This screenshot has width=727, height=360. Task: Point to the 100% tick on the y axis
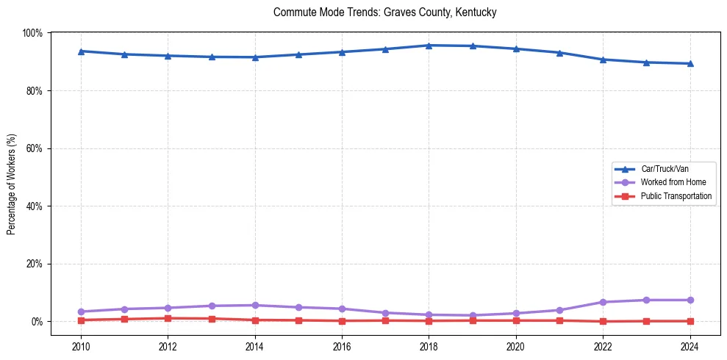32,33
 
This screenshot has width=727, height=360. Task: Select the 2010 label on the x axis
81,347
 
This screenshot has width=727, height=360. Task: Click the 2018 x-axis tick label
429,347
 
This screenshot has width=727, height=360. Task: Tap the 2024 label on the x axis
690,347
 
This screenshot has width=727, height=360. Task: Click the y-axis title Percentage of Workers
12,184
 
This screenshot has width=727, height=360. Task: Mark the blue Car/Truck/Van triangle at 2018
429,46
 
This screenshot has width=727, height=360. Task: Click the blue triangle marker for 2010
81,51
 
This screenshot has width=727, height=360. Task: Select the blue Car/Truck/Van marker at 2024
690,63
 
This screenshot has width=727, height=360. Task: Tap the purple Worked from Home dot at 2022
603,302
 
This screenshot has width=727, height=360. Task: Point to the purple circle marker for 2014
255,305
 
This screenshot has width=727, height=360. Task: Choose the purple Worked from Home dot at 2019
472,315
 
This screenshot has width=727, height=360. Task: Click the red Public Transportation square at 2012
168,318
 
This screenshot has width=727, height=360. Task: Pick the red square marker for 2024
690,321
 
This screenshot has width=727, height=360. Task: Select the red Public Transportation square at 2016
342,320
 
